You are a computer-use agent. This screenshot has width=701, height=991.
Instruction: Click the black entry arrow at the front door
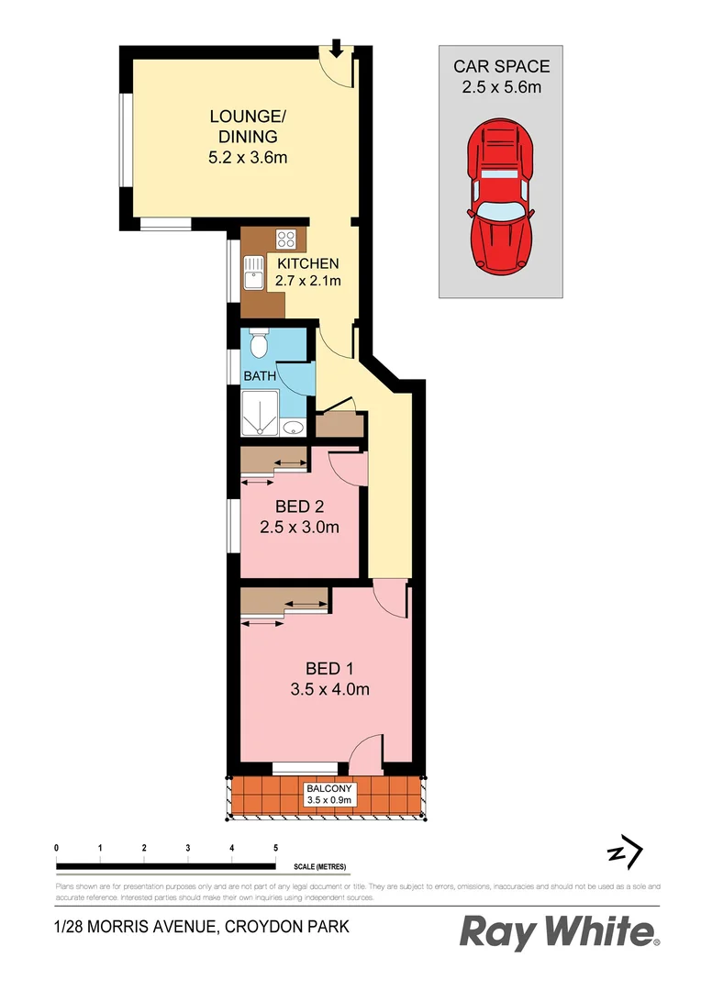337,48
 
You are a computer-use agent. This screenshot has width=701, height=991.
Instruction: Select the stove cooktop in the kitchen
286,240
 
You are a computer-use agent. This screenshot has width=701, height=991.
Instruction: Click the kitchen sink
252,273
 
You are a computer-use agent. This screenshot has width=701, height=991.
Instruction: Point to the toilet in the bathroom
258,345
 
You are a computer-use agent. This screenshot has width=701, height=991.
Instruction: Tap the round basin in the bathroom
294,427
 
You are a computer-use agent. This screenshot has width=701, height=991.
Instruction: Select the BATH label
260,376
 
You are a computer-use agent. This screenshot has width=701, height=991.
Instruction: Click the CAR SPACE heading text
501,66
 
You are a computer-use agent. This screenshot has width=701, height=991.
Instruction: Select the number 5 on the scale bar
275,847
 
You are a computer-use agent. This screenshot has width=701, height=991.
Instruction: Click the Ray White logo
559,932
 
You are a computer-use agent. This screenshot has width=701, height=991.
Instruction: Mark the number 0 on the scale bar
57,847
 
